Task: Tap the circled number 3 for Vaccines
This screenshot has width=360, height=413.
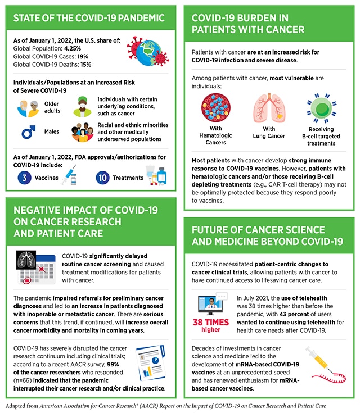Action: [x=24, y=178]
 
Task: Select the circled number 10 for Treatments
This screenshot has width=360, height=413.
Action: [x=102, y=178]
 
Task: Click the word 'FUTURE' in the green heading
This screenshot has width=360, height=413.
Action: [x=213, y=230]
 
